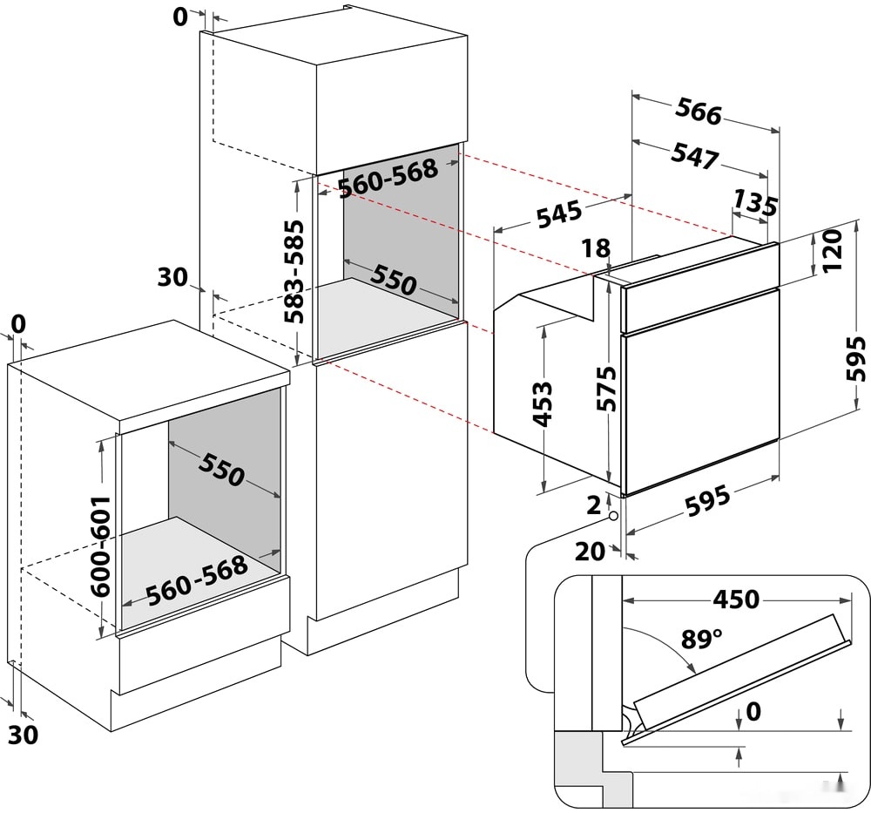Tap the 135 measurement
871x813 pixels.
pos(753,203)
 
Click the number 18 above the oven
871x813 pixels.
pos(597,248)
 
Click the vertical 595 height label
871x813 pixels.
pos(857,358)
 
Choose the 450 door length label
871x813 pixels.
pos(736,600)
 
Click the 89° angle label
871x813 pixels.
pos(701,640)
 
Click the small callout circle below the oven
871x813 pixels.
pos(614,516)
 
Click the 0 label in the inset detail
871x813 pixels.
pos(753,713)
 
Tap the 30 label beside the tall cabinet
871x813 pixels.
pos(172,278)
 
